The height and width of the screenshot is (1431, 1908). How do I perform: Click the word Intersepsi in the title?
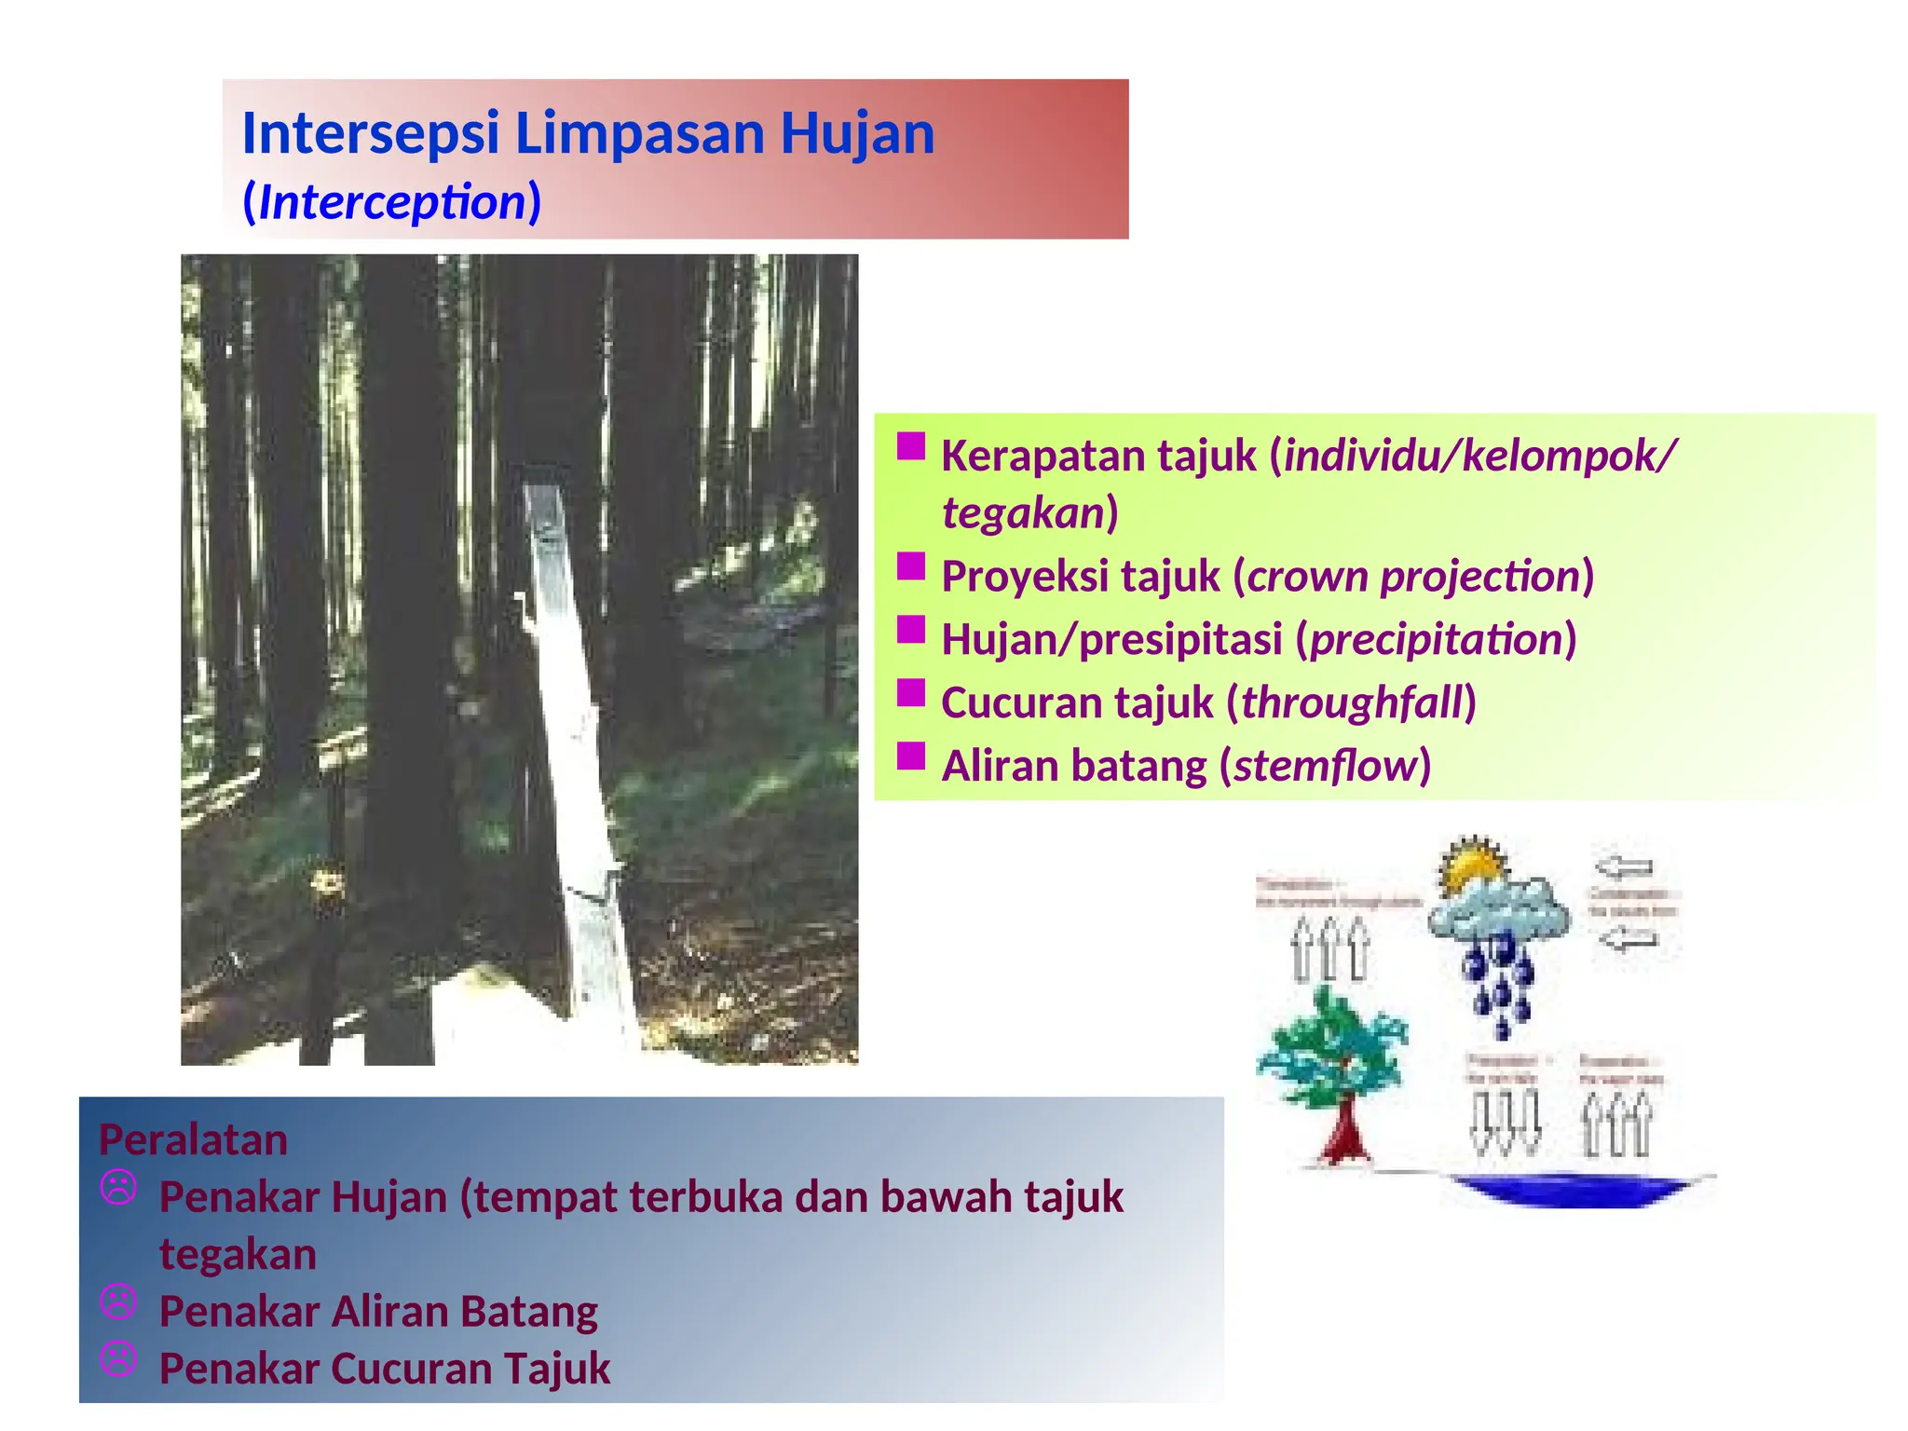coord(371,133)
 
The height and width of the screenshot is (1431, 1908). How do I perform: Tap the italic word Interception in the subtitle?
coord(391,202)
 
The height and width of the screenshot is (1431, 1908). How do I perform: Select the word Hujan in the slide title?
coord(857,133)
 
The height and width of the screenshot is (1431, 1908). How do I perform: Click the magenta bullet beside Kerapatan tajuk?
coord(910,447)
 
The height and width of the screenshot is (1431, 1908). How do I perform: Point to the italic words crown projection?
coord(1412,577)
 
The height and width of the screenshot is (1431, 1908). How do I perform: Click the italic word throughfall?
coord(1352,703)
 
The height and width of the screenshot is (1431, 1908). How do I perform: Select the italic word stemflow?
coord(1325,767)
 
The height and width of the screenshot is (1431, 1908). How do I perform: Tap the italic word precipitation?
coord(1436,640)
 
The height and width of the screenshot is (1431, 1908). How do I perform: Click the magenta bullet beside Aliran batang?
coord(910,756)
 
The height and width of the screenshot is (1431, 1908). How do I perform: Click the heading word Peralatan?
coord(194,1140)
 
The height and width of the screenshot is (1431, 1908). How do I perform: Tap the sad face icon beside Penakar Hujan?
coord(118,1188)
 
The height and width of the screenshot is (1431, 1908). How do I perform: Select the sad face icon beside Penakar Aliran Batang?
coord(118,1302)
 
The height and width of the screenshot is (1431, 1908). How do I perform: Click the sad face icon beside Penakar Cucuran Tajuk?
coord(118,1359)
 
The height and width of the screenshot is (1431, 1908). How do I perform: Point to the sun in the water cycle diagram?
coord(1472,863)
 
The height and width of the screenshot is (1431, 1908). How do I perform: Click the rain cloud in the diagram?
coord(1498,909)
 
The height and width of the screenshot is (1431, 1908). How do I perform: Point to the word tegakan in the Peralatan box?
coord(238,1255)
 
